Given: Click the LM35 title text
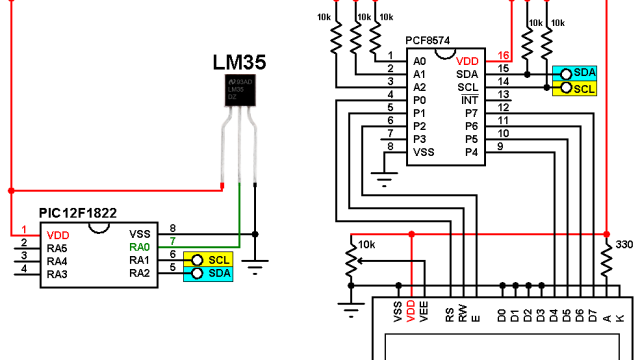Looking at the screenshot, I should (x=239, y=61).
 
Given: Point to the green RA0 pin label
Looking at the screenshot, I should (x=139, y=246).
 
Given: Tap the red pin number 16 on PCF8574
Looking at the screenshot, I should (x=503, y=57).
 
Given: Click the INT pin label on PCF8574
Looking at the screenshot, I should (x=467, y=101).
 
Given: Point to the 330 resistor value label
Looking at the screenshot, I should (x=623, y=245).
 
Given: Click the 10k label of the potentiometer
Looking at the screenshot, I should (x=366, y=244).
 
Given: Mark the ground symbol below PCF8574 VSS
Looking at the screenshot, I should (x=382, y=181).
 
